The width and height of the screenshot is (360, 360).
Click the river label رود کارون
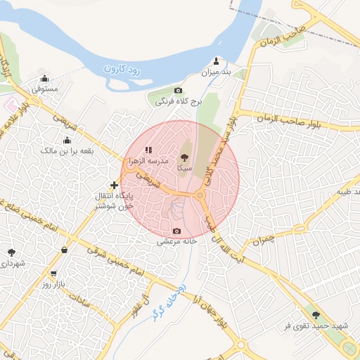123,69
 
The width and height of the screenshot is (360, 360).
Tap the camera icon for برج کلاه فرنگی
178,91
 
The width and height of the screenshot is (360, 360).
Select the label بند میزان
217,72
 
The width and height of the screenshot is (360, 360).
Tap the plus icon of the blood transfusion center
114,185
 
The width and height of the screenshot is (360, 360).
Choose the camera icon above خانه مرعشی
176,231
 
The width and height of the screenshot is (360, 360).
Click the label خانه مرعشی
176,241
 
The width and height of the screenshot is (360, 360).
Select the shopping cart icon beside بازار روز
53,274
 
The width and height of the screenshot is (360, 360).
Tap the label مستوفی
45,90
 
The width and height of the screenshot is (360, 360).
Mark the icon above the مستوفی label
45,79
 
